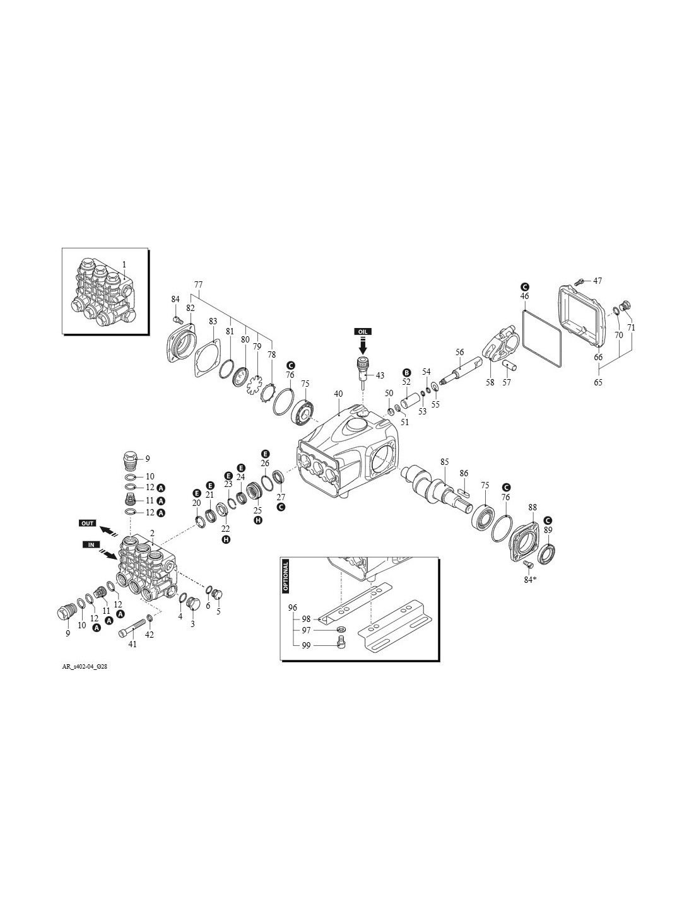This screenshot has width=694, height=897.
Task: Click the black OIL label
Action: coord(363,331)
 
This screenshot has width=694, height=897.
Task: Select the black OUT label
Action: coord(88,524)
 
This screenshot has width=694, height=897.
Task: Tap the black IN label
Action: coord(91,545)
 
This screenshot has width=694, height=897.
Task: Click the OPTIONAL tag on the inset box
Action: coord(286,577)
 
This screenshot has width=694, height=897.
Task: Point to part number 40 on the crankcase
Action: coord(338,394)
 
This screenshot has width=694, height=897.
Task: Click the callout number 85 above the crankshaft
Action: coord(444,462)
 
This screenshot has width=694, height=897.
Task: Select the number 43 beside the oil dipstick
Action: coord(380,375)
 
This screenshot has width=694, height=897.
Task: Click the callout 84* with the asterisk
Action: coord(530,580)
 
